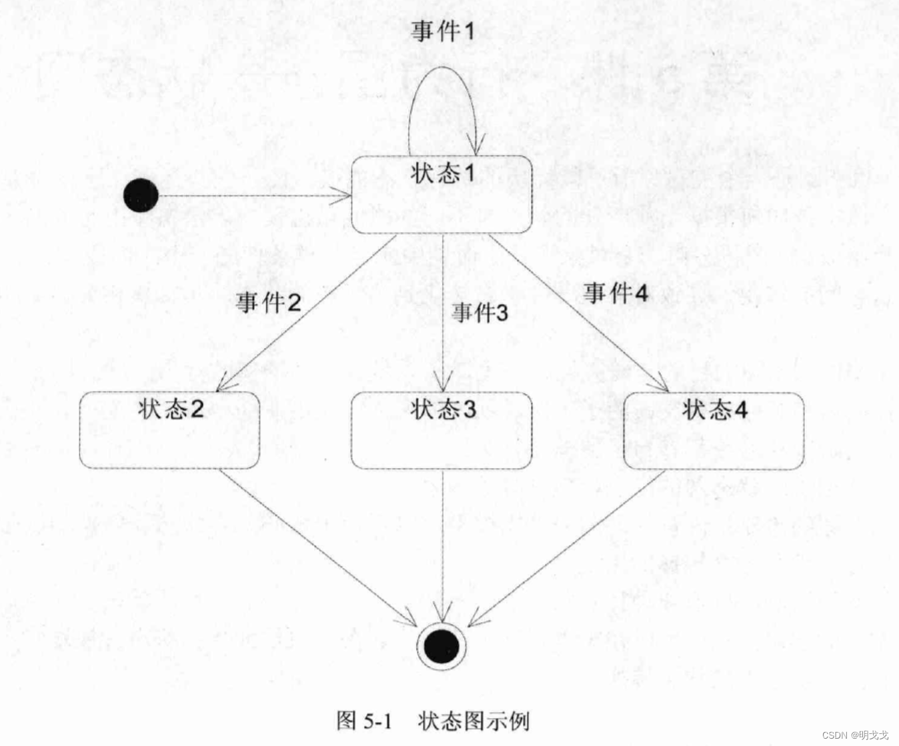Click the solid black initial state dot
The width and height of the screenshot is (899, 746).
[141, 195]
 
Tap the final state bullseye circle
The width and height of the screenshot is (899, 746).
[441, 646]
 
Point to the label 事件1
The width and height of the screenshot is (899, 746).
[442, 31]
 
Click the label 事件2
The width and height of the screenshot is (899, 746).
[268, 303]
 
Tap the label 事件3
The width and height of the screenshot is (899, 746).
[479, 312]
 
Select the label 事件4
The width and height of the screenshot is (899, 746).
[616, 292]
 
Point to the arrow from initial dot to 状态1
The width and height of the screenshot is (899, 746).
[253, 196]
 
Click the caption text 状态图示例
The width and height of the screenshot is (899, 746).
[474, 721]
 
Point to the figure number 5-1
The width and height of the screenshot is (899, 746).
[377, 721]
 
